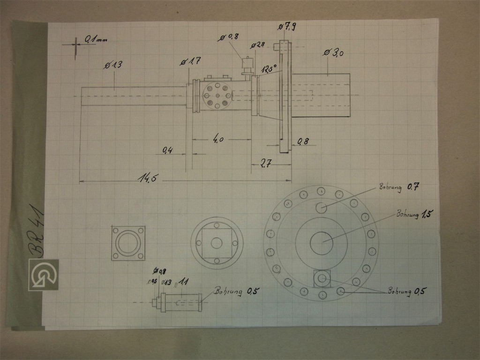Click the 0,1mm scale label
click(96, 40)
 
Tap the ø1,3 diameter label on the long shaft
click(113, 65)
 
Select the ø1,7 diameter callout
click(191, 61)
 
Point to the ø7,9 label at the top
click(286, 27)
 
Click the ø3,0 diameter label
click(334, 53)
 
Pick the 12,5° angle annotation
click(270, 68)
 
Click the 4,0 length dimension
click(218, 139)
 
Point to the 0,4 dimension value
click(167, 150)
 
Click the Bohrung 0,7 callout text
click(399, 187)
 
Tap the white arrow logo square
click(43, 274)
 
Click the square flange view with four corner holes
click(128, 243)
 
